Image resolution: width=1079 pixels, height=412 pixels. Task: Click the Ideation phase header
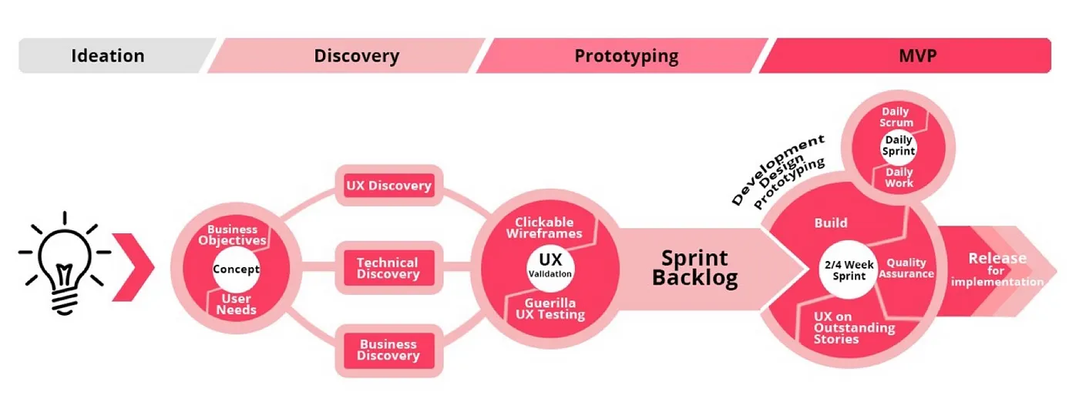coord(108,56)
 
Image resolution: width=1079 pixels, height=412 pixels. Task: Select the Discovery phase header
coord(356,56)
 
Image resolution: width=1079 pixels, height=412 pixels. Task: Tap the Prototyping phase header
coord(626,56)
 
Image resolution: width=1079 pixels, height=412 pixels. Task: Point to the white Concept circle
coord(236,270)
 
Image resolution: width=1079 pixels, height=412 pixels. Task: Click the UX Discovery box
coord(388,186)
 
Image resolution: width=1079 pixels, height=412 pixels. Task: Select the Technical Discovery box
coord(388,268)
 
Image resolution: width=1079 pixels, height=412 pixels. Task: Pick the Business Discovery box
coord(388,350)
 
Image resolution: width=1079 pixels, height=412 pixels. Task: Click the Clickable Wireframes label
coord(549,228)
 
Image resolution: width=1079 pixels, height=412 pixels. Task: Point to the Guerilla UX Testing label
coord(550,309)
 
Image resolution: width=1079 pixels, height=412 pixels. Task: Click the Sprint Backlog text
coord(694,267)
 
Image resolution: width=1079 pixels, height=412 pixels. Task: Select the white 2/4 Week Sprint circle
coord(847,270)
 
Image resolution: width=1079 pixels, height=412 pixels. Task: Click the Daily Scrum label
coord(897,117)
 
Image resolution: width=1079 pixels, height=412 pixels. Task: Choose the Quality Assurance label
coord(906,269)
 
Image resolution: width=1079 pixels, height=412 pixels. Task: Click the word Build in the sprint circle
coord(831,223)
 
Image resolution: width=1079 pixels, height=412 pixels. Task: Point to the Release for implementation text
coord(997,270)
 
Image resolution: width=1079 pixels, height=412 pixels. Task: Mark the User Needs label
coord(236,304)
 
